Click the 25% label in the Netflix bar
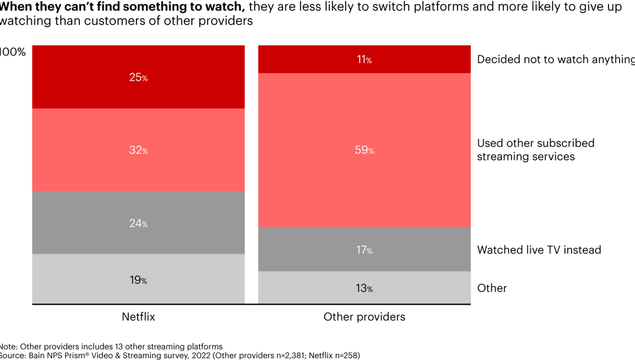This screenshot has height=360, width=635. point(138,77)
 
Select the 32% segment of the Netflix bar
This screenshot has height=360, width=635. point(138,151)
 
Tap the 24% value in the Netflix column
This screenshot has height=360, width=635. point(138,223)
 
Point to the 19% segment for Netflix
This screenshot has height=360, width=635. point(138,280)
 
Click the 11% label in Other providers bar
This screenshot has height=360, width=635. point(364,59)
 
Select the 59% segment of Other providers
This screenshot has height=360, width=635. point(364,150)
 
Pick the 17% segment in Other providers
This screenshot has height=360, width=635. point(364,250)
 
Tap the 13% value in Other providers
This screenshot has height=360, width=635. point(364,288)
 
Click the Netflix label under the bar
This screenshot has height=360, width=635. point(138,316)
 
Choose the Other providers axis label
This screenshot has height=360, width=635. point(364,316)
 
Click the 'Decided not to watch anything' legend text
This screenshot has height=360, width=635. point(556,59)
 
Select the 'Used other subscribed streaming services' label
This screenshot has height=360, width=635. point(535,150)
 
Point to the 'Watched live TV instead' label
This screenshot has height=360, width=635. point(539,250)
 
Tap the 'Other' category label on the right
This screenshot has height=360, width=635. point(492,288)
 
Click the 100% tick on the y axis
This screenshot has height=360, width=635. point(13,52)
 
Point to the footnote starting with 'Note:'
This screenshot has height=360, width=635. point(111,346)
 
